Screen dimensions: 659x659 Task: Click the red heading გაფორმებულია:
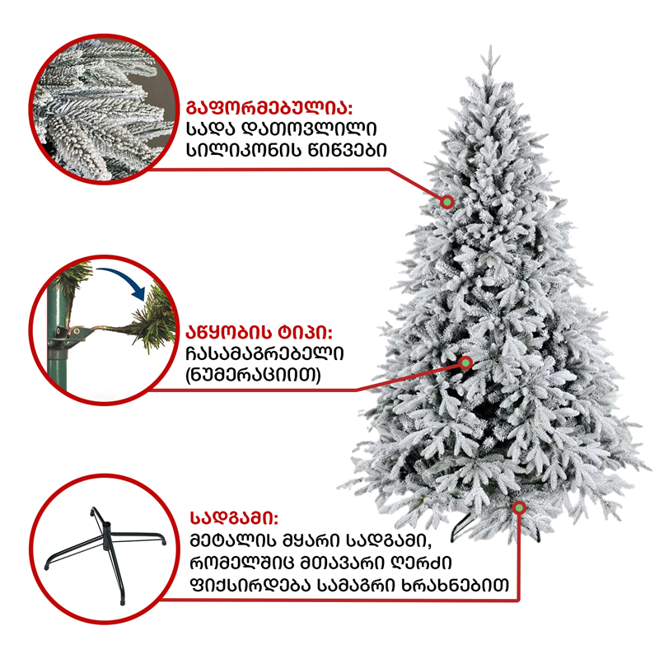[269, 108]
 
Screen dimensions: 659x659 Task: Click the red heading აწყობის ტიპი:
[259, 333]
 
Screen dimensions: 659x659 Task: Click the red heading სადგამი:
[235, 518]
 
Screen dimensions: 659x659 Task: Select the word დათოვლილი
[311, 129]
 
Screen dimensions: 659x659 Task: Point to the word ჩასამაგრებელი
[264, 353]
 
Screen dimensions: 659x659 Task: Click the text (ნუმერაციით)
[253, 375]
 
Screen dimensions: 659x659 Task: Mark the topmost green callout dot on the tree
[447, 202]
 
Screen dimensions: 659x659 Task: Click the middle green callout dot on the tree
[465, 362]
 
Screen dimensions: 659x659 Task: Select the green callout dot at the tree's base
[520, 507]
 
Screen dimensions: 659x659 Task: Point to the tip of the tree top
[490, 46]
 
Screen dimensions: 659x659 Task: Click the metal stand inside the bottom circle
[105, 542]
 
